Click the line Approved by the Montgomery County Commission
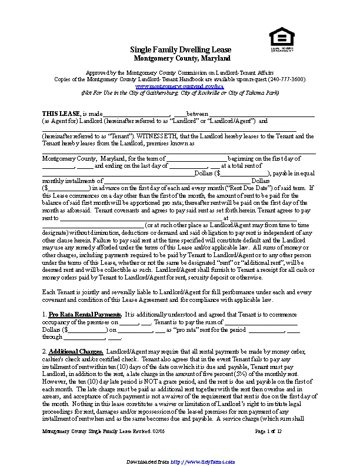click(180, 72)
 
